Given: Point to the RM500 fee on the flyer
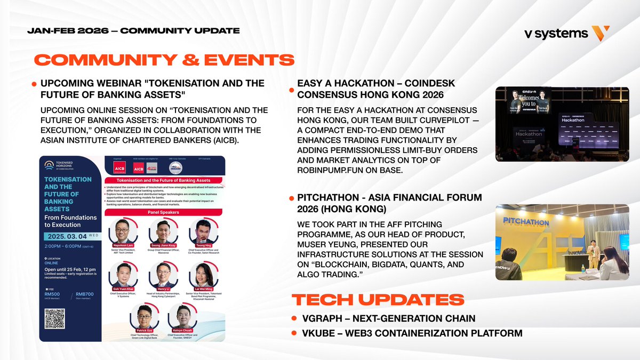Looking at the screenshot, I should point(53,293).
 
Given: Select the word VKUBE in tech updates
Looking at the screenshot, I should point(314,334).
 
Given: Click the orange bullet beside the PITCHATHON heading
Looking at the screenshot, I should point(291,199).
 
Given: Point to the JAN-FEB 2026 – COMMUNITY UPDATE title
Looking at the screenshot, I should point(133,30).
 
